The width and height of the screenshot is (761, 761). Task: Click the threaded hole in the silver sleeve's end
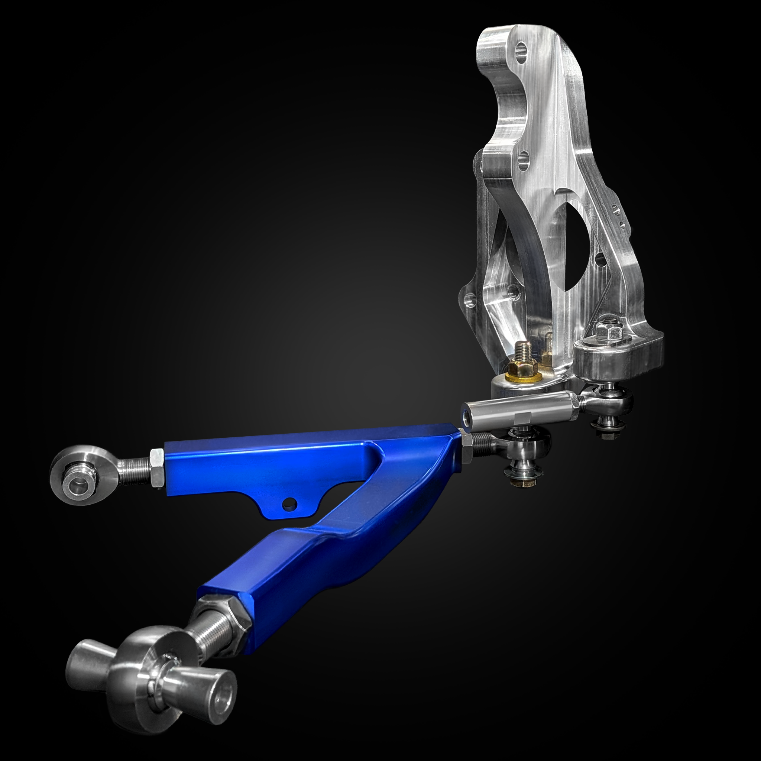pyautogui.click(x=467, y=418)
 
